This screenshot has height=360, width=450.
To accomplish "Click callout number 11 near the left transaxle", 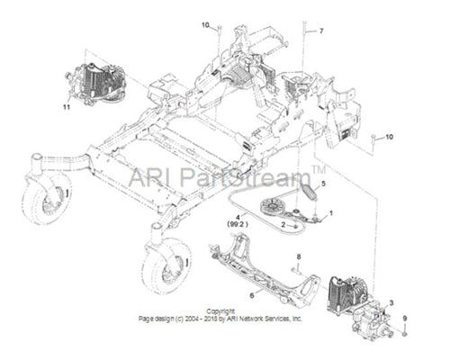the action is click(x=67, y=106).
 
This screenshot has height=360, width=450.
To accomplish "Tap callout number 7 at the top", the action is click(x=321, y=31).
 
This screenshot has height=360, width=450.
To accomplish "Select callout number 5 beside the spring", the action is click(x=323, y=184).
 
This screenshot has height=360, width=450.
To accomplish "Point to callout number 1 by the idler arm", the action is click(x=331, y=213).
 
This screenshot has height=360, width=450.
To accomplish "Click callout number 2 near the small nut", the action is click(x=283, y=224).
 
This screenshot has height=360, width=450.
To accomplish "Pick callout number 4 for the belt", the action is click(x=238, y=217).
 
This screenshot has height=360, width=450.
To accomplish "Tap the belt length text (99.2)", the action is click(x=238, y=224).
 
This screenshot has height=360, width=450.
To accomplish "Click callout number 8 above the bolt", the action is click(x=299, y=256).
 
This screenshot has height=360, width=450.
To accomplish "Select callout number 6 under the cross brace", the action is click(x=252, y=295).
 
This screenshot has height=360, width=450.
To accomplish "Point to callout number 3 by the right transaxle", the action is click(x=391, y=303).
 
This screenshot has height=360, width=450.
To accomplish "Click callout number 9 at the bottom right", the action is click(x=405, y=318).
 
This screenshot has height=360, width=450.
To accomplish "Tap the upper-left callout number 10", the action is click(x=205, y=25).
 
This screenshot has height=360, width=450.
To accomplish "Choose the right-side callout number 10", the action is click(x=389, y=137).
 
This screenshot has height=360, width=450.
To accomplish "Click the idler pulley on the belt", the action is click(x=270, y=207).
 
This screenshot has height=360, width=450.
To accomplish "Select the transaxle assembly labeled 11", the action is click(x=94, y=85).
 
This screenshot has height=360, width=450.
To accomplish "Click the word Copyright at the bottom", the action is click(x=220, y=311).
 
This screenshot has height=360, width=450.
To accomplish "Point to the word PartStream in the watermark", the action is click(x=247, y=177).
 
